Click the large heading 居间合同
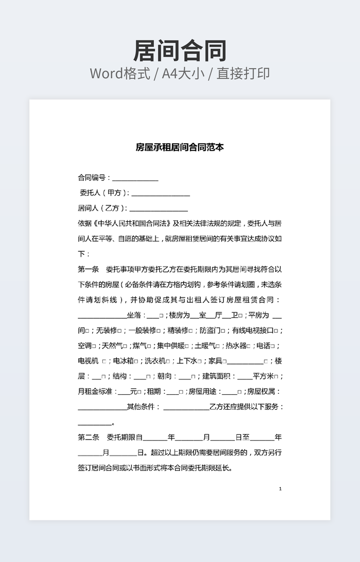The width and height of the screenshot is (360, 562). (180, 51)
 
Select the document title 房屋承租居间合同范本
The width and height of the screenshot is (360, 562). (180, 147)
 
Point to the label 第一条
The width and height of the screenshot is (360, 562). (88, 269)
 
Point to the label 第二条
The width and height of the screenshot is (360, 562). (88, 437)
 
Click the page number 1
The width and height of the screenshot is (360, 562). (280, 489)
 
